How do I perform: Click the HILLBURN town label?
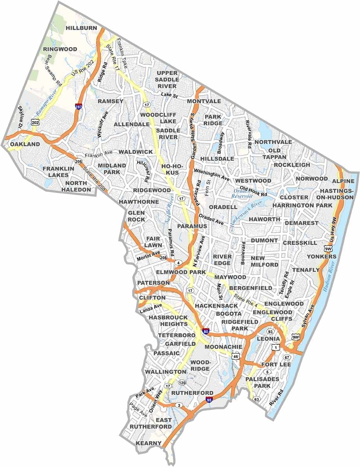tap(81, 28)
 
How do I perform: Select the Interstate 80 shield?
tap(205, 331)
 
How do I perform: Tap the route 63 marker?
tap(257, 399)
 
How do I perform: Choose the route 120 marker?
tap(182, 383)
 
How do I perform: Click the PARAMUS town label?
tap(192, 226)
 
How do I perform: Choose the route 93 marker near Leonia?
tap(270, 332)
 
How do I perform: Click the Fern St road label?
tap(209, 185)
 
